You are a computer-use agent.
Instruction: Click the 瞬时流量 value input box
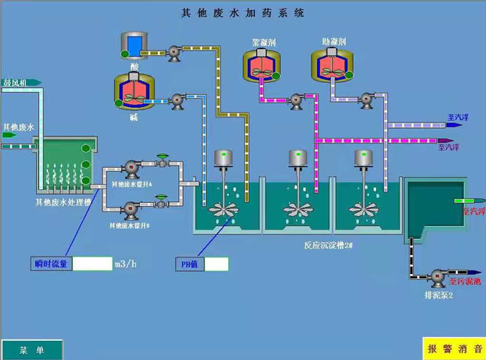pos(93,263)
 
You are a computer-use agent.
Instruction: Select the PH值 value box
pos(217,264)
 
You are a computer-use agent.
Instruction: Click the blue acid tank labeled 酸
pos(135,45)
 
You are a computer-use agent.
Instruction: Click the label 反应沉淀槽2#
pos(328,247)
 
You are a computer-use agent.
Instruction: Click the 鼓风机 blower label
pos(15,82)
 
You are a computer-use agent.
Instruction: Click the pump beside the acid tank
pos(174,52)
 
